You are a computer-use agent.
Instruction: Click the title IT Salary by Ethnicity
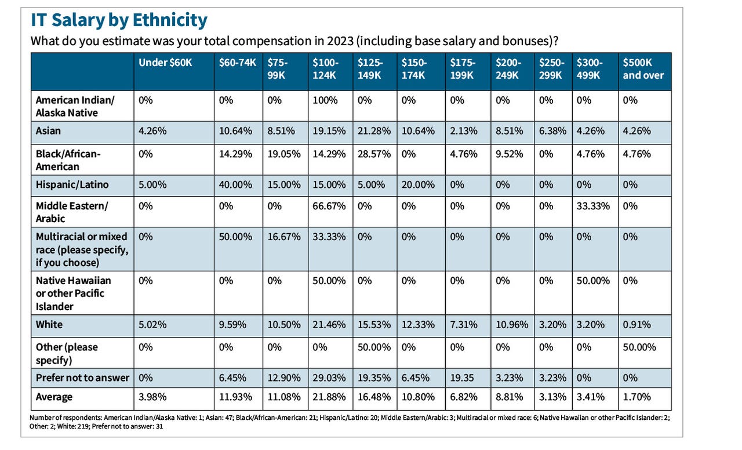(118, 20)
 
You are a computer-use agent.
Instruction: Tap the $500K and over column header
(643, 69)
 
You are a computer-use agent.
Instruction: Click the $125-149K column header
(369, 69)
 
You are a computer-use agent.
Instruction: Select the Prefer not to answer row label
(82, 378)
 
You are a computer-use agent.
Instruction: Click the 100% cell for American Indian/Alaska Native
(325, 100)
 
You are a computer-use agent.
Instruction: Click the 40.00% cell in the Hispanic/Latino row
(235, 185)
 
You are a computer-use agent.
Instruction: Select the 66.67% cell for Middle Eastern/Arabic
(329, 206)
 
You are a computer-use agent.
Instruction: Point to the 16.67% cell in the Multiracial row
(284, 237)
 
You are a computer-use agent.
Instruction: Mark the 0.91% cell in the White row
(636, 325)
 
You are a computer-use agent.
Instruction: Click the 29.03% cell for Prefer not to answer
(329, 378)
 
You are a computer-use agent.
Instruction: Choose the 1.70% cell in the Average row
(636, 397)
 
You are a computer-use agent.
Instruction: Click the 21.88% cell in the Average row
(329, 397)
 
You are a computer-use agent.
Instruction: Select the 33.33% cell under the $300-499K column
(592, 206)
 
